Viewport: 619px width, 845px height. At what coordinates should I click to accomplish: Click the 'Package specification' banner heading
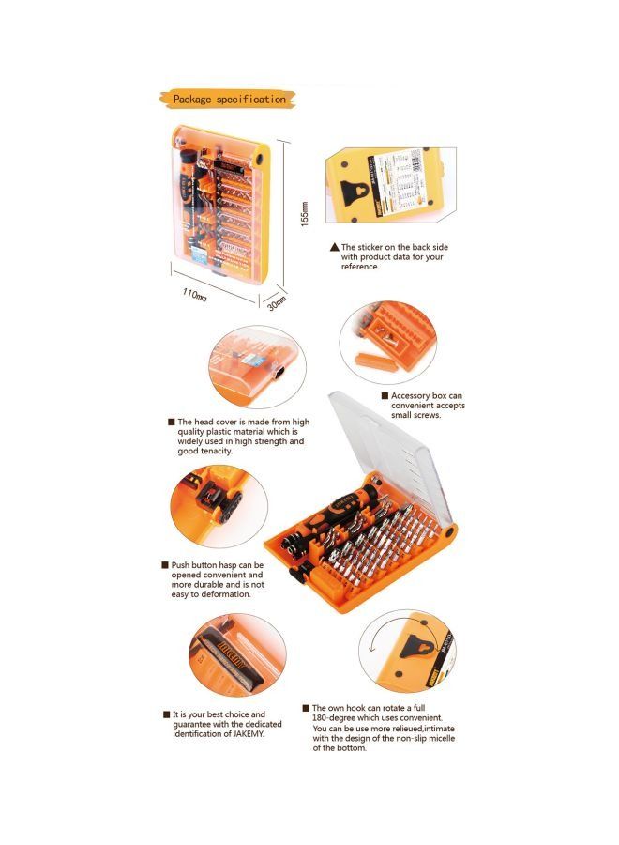click(228, 99)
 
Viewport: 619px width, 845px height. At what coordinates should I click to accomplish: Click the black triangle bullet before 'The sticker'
click(333, 247)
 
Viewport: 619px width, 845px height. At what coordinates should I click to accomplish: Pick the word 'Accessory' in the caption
click(413, 396)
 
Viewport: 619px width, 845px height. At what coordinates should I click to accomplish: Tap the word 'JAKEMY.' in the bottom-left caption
click(242, 734)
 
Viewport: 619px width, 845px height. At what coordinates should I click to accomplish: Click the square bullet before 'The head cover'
click(171, 422)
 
